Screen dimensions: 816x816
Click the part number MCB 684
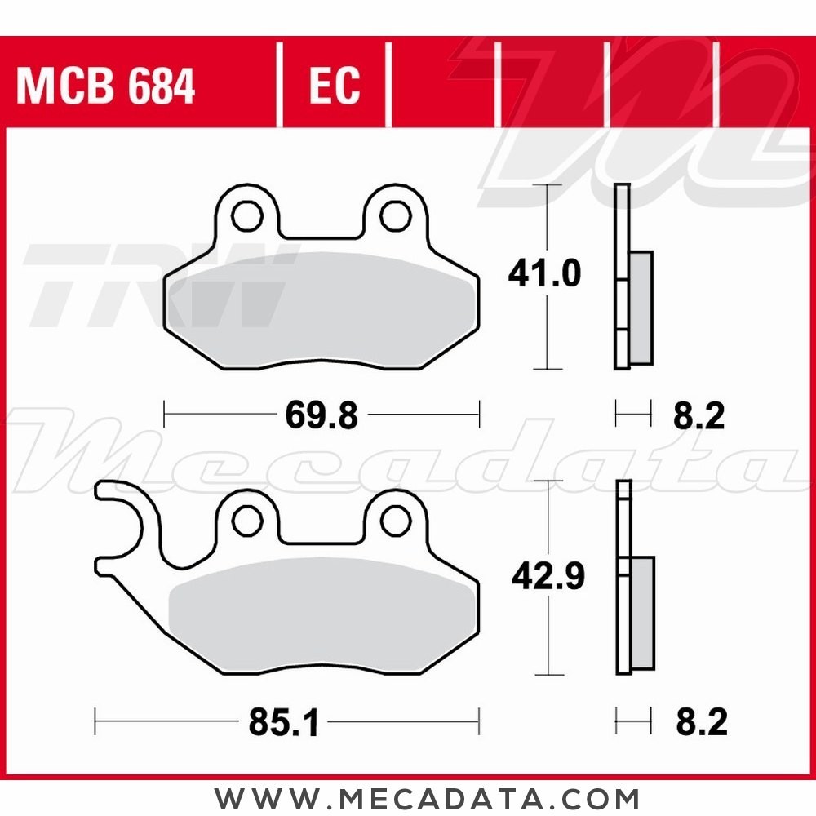click(x=106, y=86)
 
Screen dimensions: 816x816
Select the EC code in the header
click(x=335, y=86)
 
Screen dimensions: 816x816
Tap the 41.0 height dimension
click(x=544, y=275)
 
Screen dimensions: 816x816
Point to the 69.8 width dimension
click(x=322, y=416)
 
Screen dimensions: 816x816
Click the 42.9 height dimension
click(x=548, y=578)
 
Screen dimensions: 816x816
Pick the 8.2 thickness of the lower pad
click(x=700, y=723)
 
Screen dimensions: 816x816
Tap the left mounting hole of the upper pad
click(x=244, y=215)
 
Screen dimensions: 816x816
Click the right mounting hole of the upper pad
click(x=395, y=215)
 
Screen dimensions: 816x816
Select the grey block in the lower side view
click(x=642, y=613)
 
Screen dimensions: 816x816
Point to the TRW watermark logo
click(x=155, y=286)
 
